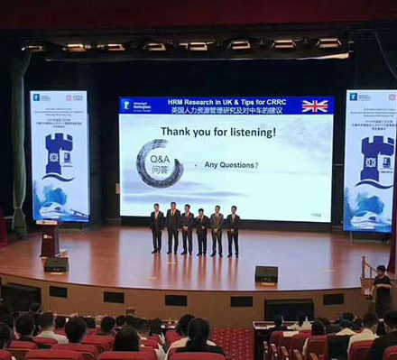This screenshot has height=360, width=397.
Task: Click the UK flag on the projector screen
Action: (315, 106)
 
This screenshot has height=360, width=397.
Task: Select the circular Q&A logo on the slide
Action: (160, 163)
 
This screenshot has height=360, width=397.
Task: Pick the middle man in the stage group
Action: (187, 228)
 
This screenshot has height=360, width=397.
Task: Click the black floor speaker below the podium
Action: (56, 263)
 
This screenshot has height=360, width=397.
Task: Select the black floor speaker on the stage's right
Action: (266, 274)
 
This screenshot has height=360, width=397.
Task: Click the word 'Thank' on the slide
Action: (178, 132)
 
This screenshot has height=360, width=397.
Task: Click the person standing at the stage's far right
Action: (383, 290)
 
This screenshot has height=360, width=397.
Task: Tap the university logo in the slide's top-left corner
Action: (127, 105)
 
